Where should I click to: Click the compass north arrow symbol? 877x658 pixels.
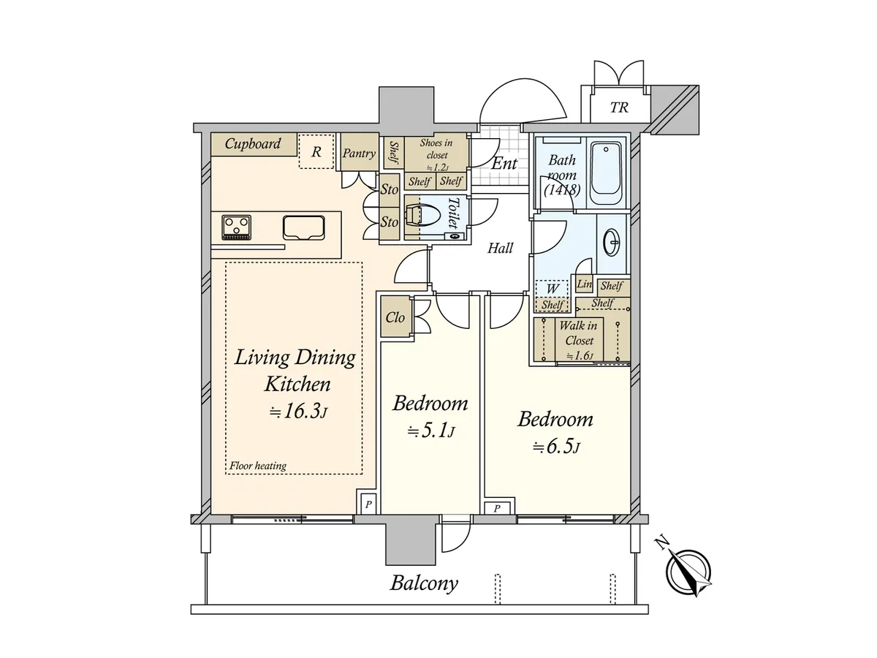(688, 572)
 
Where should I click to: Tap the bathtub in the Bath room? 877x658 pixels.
(605, 173)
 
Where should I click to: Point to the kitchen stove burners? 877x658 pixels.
(237, 227)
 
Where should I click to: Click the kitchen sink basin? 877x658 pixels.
(303, 227)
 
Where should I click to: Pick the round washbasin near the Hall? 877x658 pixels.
(612, 242)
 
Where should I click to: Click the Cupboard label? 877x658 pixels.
(253, 143)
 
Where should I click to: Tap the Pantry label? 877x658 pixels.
(359, 153)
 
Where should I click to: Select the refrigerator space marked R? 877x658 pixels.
(316, 151)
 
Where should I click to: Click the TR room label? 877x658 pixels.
(619, 107)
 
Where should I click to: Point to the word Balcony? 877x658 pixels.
(424, 583)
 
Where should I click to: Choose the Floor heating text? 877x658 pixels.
(258, 466)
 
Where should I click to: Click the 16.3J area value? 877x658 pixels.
(298, 412)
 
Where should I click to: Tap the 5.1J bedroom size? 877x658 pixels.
(431, 432)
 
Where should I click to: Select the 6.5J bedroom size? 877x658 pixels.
(555, 447)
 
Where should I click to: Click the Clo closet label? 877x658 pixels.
(395, 317)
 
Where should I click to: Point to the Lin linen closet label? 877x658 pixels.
(585, 284)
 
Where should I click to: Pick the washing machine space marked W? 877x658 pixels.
(553, 289)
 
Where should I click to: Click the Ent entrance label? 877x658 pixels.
(504, 163)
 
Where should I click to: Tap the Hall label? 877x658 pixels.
(500, 248)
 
